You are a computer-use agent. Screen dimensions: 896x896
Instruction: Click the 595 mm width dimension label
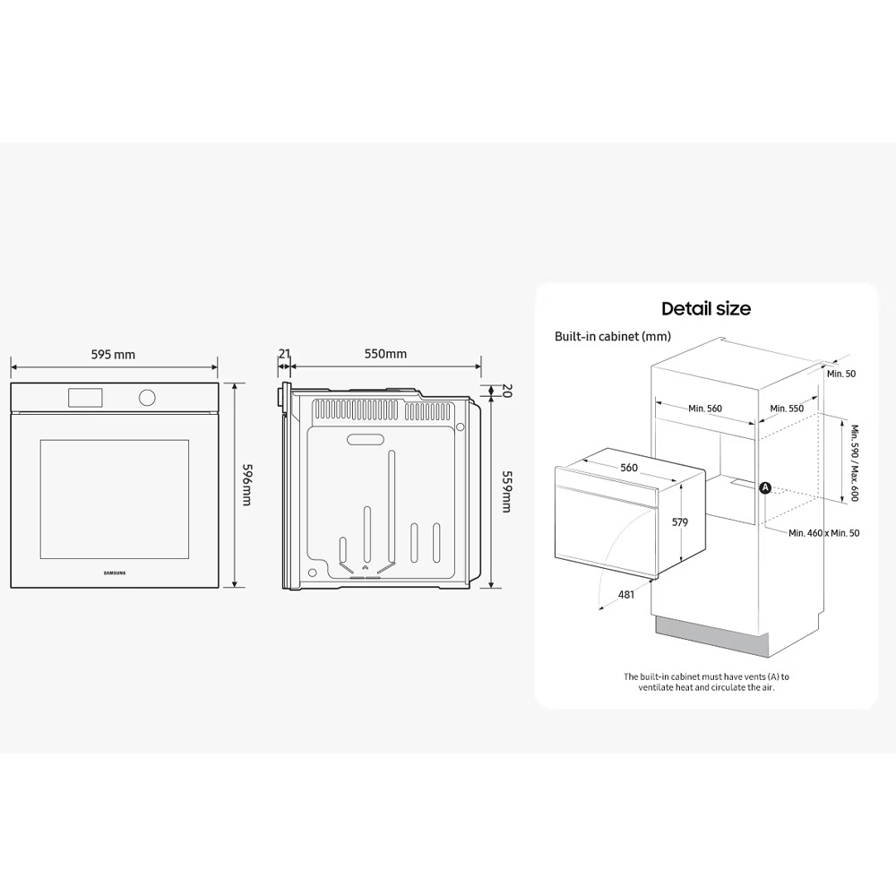point(113,354)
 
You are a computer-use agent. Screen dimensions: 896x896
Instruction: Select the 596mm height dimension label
point(247,484)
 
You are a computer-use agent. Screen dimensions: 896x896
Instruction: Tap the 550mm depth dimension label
point(385,354)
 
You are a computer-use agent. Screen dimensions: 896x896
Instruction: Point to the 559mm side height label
point(506,491)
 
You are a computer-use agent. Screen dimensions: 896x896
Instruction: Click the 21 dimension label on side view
point(285,354)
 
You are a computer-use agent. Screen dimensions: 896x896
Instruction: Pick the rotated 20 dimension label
point(507,391)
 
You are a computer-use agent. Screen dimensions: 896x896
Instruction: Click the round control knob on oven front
point(147,397)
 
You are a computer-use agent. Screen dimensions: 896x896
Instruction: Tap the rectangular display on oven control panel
point(86,397)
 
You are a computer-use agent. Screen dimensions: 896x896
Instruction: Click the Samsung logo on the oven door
point(115,573)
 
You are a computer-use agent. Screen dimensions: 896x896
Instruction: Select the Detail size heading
point(706,308)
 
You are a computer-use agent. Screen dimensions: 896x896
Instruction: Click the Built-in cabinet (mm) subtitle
point(613,337)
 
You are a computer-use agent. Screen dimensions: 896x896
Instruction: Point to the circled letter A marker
point(765,488)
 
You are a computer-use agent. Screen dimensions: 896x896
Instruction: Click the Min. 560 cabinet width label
point(705,408)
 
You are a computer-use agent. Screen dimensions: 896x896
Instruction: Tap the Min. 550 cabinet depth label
point(787,408)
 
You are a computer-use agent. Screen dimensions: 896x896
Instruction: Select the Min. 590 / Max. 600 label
point(855,463)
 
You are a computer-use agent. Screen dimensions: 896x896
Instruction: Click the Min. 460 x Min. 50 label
point(824,533)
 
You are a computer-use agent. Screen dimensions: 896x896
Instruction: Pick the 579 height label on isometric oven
point(680,521)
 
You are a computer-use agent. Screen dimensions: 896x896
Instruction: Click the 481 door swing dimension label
point(626,595)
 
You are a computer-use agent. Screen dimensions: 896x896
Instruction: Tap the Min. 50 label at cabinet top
point(841,374)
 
